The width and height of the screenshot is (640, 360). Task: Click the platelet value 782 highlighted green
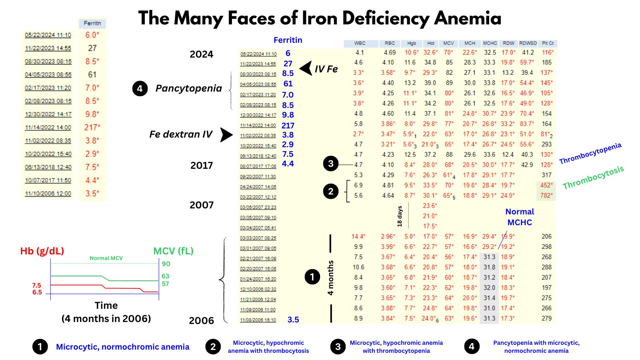point(546,196)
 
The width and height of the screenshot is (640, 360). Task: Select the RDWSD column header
point(528,43)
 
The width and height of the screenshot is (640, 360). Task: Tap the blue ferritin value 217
point(288,126)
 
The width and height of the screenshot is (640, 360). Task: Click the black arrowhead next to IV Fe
point(306,68)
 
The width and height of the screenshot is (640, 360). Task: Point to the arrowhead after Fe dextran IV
point(226,135)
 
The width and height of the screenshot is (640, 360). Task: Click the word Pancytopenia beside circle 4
point(188,88)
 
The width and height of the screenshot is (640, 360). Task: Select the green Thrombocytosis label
point(593,178)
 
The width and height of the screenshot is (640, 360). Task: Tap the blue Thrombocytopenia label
point(590,153)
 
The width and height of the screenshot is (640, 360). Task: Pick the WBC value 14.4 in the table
point(358,236)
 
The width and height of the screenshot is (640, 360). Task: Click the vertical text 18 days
point(399,216)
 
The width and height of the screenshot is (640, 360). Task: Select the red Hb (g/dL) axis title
point(42,251)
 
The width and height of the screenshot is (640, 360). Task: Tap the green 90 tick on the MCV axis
point(166,264)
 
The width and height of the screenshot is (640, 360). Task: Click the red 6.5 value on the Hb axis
point(37,292)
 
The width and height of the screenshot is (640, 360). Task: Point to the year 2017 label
point(202,165)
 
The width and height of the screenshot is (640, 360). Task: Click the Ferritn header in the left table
point(92,24)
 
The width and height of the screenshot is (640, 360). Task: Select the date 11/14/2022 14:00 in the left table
point(48,128)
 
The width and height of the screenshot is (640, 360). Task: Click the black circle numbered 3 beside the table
point(330,164)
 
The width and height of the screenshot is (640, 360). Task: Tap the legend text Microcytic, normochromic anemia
point(122,347)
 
